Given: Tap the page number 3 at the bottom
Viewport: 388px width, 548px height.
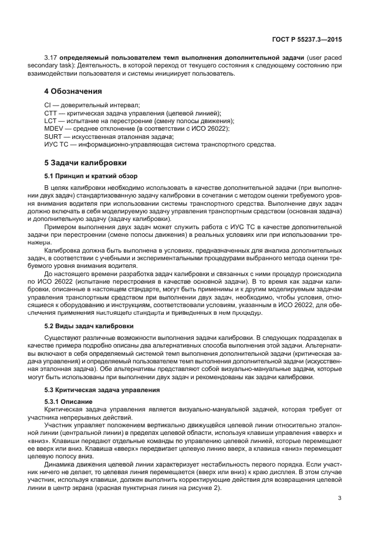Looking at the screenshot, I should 340,499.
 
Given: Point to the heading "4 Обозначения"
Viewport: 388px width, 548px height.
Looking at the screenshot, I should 73,91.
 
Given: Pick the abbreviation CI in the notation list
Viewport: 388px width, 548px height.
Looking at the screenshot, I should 48,104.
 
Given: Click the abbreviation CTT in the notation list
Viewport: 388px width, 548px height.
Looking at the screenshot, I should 51,113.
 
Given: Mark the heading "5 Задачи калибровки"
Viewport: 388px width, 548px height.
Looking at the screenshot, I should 85,163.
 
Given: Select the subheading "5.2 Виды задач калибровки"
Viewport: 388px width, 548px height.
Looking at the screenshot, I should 89,325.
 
